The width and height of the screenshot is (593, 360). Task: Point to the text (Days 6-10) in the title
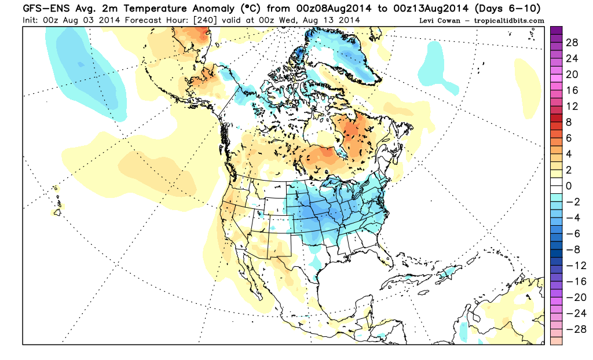point(513,8)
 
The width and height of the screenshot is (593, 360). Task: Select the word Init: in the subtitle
point(34,20)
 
